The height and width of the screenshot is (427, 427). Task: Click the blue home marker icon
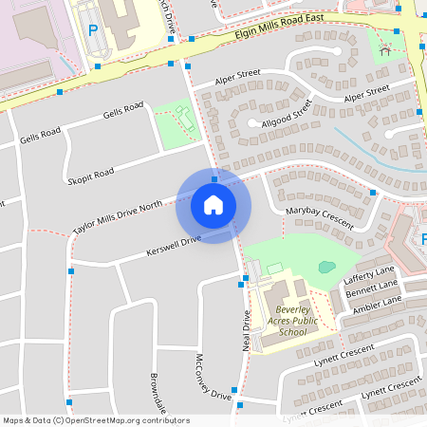coord(213,204)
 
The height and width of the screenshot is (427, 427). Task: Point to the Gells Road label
coord(40,131)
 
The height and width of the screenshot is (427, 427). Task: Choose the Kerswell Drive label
coord(174,247)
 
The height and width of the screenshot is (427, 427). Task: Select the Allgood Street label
coord(283,115)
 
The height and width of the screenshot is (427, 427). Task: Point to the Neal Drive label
coord(245,331)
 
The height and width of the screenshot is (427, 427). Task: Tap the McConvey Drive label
coord(213,377)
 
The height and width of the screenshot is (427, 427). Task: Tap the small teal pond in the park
coord(326,267)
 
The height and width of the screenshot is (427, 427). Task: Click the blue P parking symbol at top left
coord(93,30)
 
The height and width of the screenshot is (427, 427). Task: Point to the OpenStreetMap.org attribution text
coord(96,420)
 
